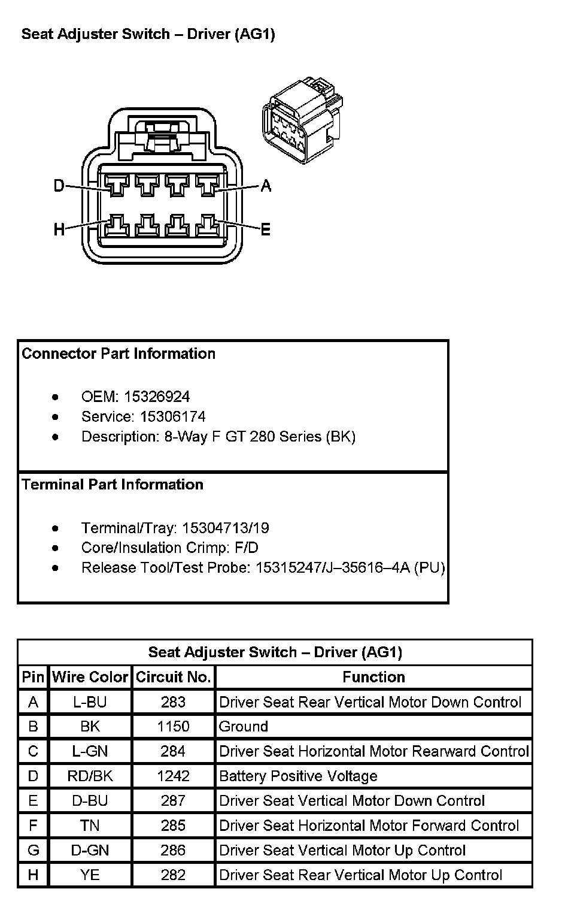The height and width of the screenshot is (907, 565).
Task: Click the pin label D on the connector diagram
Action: tap(59, 186)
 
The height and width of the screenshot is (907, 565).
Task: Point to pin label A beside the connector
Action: tap(266, 186)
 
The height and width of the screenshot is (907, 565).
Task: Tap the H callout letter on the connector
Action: tap(59, 229)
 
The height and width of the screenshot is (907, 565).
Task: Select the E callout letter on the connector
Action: tap(266, 229)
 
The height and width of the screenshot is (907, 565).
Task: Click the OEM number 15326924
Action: tap(157, 397)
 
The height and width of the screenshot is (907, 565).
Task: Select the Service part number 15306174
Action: tap(172, 416)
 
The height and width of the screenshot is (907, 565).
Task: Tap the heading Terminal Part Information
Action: tap(113, 484)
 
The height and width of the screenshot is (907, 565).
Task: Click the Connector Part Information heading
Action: tap(119, 353)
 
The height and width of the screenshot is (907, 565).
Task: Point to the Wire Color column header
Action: tap(90, 677)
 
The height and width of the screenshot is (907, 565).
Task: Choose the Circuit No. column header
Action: tap(174, 677)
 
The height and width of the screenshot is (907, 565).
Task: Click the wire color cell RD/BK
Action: tap(90, 776)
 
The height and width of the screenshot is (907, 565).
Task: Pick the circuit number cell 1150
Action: tap(174, 726)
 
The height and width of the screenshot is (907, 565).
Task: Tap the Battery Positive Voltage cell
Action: tap(298, 776)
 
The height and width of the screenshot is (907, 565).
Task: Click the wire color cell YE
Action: tap(90, 875)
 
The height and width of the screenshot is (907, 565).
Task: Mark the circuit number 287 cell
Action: tap(174, 800)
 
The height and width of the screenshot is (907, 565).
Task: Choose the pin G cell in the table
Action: tap(34, 850)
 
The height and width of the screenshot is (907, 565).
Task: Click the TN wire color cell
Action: tap(90, 826)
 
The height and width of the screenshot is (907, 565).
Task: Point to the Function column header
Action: tap(373, 677)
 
